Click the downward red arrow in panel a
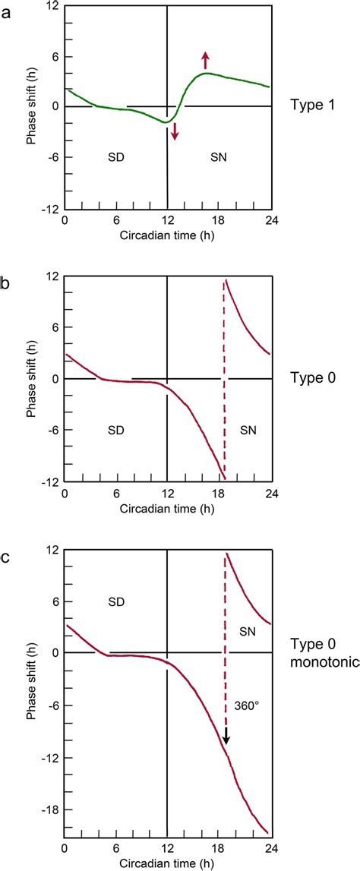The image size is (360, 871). [x=175, y=131]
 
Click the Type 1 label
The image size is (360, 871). [x=311, y=106]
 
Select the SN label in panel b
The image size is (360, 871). [x=248, y=429]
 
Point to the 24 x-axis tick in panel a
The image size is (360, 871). [x=270, y=221]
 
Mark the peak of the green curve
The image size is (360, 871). [x=207, y=73]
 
